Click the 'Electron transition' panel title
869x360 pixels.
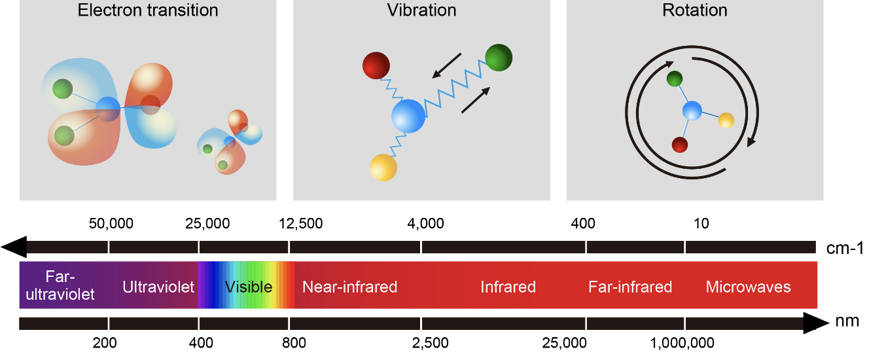tap(148, 10)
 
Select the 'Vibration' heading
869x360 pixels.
tap(421, 10)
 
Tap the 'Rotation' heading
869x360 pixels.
tap(694, 10)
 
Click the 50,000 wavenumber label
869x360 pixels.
tap(111, 223)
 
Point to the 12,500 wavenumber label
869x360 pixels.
tap(300, 223)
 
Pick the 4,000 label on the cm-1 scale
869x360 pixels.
tap(425, 223)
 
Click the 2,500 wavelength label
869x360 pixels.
tap(430, 343)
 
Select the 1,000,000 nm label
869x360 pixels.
tap(682, 343)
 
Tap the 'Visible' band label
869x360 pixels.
tap(249, 287)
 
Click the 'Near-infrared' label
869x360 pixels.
tap(350, 287)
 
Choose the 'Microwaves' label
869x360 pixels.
tap(748, 287)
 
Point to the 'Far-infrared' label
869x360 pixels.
tap(630, 287)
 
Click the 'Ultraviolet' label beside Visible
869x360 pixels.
tap(158, 287)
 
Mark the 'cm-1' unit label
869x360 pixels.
tap(845, 248)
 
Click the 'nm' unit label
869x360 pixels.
tap(847, 321)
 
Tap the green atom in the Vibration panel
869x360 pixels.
tap(499, 58)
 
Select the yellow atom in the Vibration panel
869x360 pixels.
tap(383, 168)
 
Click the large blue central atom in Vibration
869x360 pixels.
tap(408, 116)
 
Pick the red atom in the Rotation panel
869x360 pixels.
tap(680, 145)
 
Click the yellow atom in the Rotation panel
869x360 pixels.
tap(726, 120)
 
